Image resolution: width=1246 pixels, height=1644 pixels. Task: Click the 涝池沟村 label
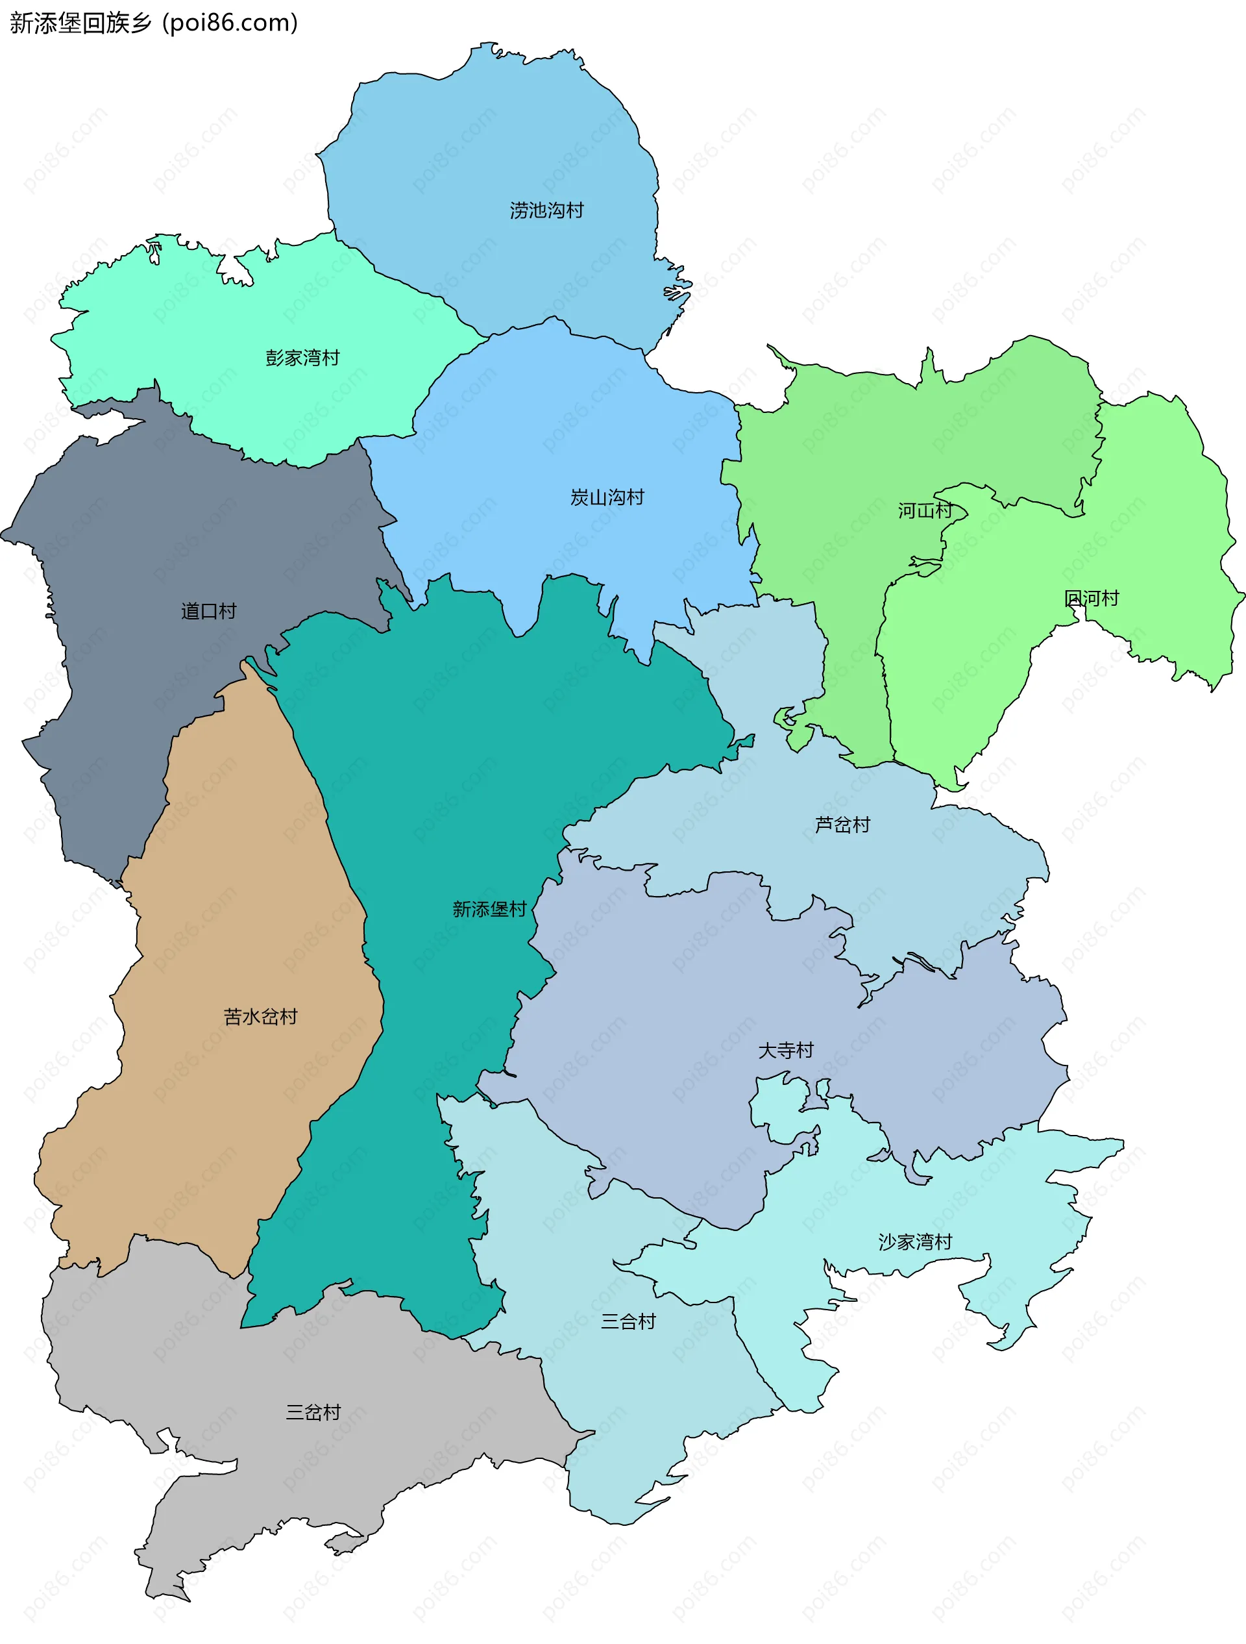[x=546, y=210]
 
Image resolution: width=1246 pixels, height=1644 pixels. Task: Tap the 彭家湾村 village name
[x=302, y=358]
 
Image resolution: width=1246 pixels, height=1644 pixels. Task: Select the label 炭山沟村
[x=606, y=497]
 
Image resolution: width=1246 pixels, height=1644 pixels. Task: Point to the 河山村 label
[x=924, y=510]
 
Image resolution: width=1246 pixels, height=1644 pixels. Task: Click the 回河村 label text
[x=1091, y=598]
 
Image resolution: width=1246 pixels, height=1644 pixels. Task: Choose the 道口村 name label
[x=209, y=611]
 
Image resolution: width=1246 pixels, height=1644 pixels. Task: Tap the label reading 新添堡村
[x=489, y=909]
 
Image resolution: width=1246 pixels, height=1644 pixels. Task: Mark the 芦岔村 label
[x=842, y=824]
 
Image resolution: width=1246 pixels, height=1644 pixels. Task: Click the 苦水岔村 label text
[x=260, y=1016]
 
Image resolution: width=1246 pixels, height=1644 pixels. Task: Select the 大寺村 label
[x=785, y=1050]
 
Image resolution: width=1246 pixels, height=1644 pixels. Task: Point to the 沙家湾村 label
[x=914, y=1242]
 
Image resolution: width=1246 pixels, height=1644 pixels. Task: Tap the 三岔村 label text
[x=313, y=1412]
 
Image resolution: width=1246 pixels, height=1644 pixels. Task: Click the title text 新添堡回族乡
[x=80, y=23]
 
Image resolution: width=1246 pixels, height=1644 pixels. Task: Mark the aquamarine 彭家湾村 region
[x=223, y=312]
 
